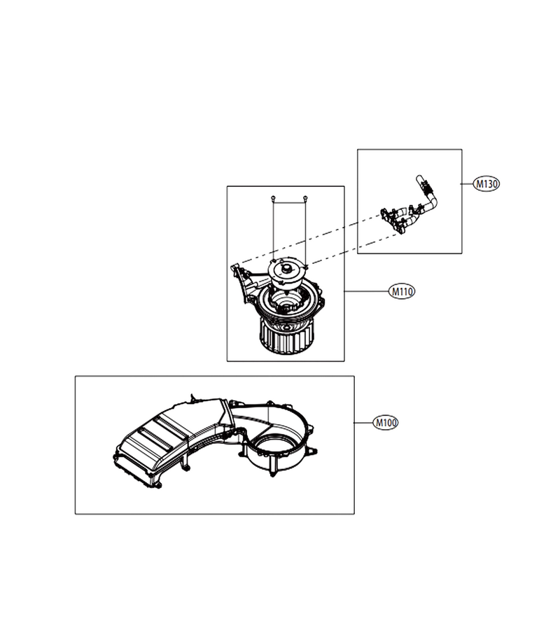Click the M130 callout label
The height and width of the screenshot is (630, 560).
[x=486, y=184]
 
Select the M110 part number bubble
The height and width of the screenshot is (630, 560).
[x=402, y=291]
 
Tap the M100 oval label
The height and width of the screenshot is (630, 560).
[x=386, y=423]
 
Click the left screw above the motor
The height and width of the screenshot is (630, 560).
[x=273, y=197]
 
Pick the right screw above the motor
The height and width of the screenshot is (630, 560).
[x=305, y=197]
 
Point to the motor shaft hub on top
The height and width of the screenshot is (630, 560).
[x=287, y=268]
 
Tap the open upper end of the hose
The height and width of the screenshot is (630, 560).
[x=419, y=178]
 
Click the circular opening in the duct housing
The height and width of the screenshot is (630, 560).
[x=274, y=446]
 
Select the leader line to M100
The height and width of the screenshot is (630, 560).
[x=363, y=423]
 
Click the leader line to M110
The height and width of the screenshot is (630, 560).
[x=366, y=291]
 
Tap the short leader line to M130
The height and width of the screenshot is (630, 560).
[x=467, y=184]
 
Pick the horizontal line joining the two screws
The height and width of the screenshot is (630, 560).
[x=289, y=203]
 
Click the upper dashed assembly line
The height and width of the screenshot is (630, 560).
[x=309, y=239]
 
